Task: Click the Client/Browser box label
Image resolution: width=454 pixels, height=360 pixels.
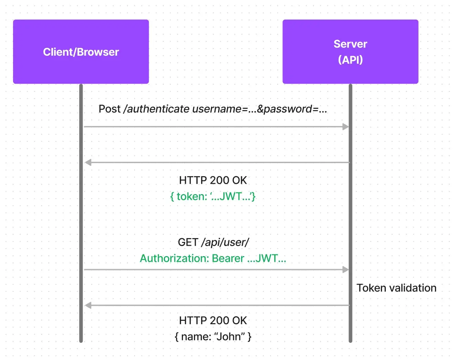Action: click(x=81, y=52)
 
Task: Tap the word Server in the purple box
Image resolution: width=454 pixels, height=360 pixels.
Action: click(x=350, y=44)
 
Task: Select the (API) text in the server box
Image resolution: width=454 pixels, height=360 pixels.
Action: click(x=350, y=60)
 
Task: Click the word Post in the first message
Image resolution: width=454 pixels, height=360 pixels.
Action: click(x=110, y=109)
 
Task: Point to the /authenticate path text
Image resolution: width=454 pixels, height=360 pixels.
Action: click(x=156, y=109)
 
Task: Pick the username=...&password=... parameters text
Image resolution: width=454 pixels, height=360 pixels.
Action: click(x=260, y=109)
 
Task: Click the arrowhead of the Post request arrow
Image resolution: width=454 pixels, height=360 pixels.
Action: click(x=345, y=127)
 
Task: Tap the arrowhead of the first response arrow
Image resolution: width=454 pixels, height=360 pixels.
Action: click(x=88, y=162)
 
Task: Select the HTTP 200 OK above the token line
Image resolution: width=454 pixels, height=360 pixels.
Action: click(x=213, y=180)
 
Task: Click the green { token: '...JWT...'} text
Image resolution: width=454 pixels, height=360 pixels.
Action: click(x=213, y=197)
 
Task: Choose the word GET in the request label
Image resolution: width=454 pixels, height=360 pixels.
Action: click(x=188, y=242)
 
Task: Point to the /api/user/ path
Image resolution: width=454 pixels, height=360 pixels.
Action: click(x=225, y=242)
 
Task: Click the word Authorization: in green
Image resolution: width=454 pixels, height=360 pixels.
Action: click(x=174, y=258)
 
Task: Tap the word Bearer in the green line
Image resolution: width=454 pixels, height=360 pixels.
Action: click(x=228, y=258)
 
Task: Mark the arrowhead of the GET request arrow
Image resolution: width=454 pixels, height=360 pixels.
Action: click(x=345, y=269)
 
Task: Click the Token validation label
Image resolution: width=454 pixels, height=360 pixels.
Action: click(x=396, y=288)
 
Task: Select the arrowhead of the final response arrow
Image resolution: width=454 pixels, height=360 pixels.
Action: click(x=88, y=305)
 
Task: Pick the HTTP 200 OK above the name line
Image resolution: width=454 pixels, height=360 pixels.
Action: click(x=213, y=320)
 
